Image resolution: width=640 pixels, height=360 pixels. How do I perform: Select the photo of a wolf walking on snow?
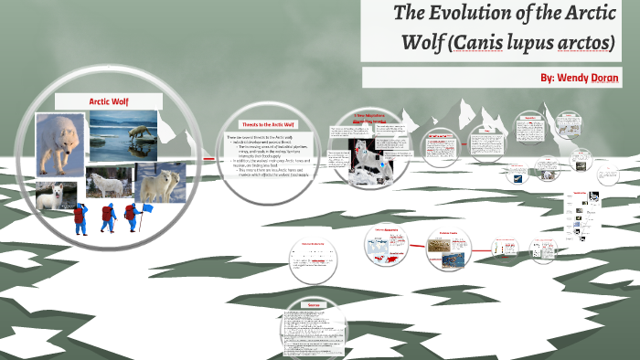tap(60, 144)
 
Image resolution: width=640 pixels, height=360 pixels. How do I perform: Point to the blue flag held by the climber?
tap(145, 210)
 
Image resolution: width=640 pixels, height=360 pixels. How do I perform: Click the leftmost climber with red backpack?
tap(80, 218)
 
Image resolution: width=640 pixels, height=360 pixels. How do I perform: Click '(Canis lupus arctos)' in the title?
tap(554, 44)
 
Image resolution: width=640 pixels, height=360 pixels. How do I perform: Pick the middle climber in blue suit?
tap(109, 218)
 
